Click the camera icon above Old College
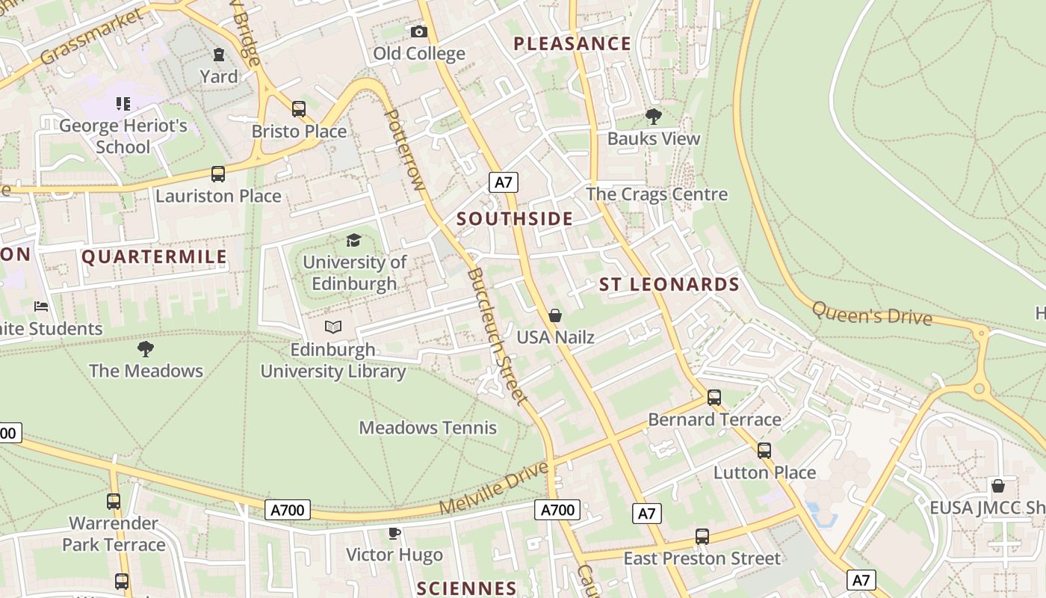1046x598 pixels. point(419,31)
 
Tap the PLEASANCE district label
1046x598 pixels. point(572,44)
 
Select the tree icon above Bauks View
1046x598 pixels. point(654,117)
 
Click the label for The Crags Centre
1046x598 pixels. point(656,194)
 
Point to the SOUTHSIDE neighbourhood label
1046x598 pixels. point(515,219)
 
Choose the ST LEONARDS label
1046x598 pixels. point(669,284)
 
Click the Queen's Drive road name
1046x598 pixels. point(872,313)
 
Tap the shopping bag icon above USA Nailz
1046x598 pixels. point(554,315)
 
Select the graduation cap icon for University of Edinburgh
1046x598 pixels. point(353,240)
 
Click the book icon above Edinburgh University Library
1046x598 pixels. point(333,327)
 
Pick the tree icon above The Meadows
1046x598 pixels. point(146,348)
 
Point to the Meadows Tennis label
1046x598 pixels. point(427,428)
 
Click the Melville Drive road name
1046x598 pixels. point(494,488)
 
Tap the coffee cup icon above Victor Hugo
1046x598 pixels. point(394,533)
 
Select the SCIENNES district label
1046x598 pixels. point(466,588)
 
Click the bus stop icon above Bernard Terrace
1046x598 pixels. point(714,398)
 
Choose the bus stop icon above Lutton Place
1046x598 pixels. point(764,451)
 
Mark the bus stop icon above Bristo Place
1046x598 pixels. point(299,109)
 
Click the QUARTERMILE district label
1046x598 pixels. point(154,257)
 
